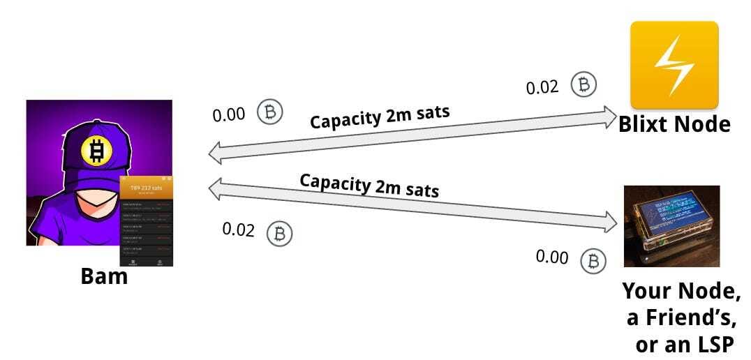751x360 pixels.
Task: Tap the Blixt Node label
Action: coord(674,124)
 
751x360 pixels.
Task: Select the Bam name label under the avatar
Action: coord(105,276)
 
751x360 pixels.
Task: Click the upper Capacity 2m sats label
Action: coord(380,117)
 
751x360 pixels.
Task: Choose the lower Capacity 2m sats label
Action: coord(369,185)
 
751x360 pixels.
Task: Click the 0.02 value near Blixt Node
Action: coord(542,87)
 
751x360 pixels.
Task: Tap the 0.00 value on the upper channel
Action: coord(229,114)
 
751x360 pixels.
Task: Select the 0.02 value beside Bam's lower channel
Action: coord(239,229)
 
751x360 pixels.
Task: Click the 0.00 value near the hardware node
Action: coord(552,257)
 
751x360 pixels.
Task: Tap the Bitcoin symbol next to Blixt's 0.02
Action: coord(584,84)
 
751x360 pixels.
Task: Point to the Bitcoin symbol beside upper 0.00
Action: coord(270,112)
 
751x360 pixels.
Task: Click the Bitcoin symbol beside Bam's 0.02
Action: coord(280,232)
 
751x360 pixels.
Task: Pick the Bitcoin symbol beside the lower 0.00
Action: coord(594,260)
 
